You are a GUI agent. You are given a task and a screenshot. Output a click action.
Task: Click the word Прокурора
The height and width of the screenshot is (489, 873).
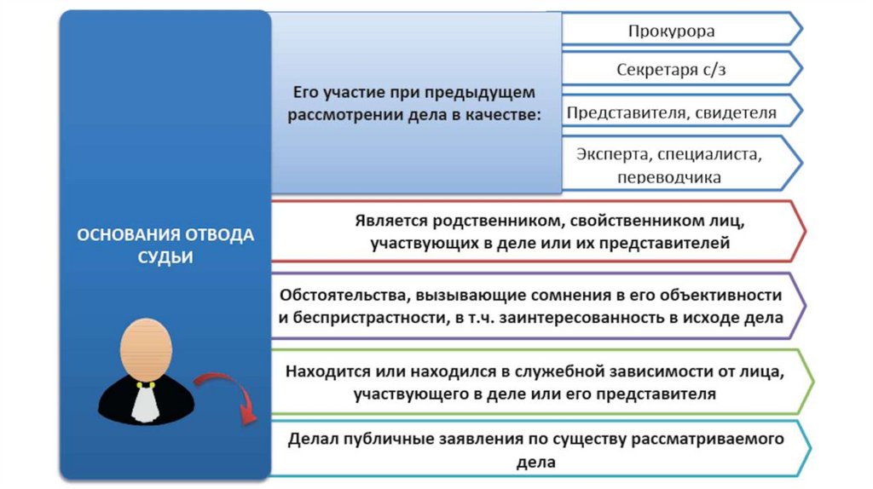tap(671, 32)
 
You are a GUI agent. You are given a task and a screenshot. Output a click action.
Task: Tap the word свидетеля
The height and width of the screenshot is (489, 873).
tap(736, 112)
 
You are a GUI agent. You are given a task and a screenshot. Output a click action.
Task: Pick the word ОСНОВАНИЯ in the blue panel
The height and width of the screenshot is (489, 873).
tap(126, 235)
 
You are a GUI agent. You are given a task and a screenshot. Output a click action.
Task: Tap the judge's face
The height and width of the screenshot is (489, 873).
tap(146, 349)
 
